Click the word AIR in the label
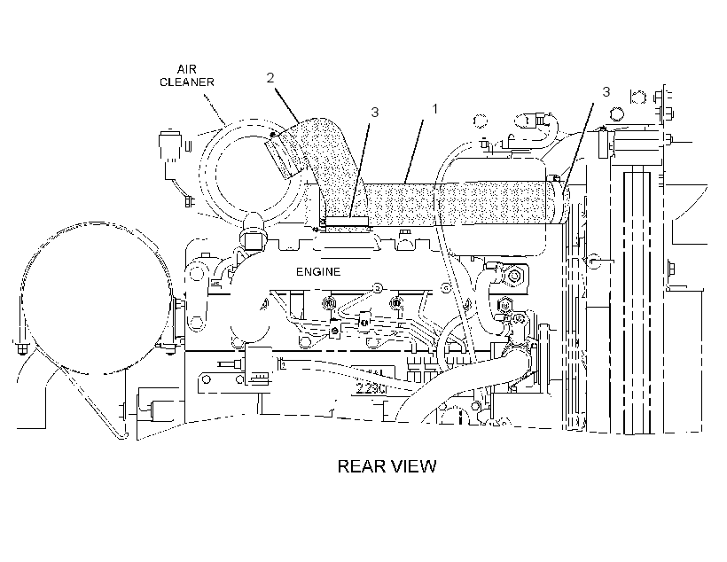tap(186, 69)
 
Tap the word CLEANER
tap(187, 82)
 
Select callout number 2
tap(270, 78)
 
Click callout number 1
tap(434, 109)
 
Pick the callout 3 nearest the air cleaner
tap(375, 113)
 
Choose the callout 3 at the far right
tap(606, 92)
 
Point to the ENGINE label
tap(318, 272)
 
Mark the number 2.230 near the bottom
tap(371, 388)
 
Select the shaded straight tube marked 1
tap(464, 203)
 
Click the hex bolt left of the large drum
tap(21, 347)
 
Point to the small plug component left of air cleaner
tap(169, 146)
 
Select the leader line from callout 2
tap(286, 105)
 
